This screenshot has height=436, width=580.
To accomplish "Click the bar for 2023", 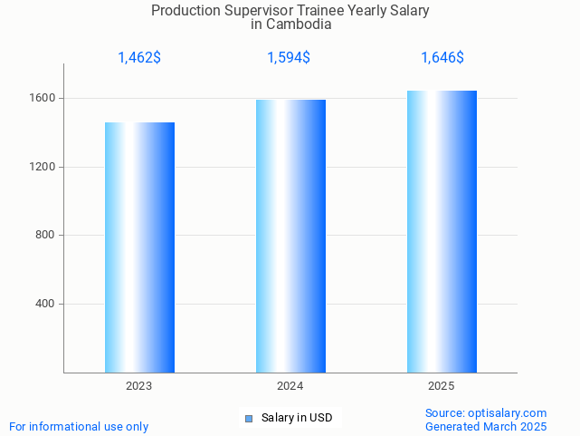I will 139,247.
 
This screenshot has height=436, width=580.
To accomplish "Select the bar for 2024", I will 290,236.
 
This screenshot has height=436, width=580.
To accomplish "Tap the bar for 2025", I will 442,231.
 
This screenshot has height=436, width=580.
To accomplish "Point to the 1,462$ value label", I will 139,58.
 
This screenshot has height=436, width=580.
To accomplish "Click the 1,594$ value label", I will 289,58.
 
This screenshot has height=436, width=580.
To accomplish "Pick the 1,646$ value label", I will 442,58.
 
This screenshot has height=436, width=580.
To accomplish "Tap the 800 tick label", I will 46,236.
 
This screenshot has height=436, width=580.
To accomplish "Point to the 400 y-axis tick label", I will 46,304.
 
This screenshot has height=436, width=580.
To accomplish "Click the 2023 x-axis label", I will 139,386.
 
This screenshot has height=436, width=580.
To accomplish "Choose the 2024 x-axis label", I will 290,386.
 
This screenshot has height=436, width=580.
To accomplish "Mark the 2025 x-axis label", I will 442,386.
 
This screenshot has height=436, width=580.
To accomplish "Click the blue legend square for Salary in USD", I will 249,418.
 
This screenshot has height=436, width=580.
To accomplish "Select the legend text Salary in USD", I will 297,418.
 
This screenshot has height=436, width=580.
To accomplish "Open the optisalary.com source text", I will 486,412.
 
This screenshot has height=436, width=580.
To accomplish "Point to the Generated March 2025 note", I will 486,426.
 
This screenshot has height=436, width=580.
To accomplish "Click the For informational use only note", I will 79,426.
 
